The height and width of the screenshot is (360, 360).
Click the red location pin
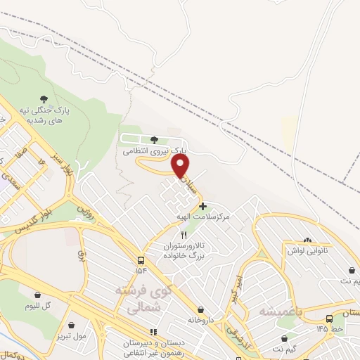point(181,167)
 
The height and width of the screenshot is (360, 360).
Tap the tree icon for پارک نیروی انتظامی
point(154,139)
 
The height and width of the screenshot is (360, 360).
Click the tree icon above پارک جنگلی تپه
point(44,98)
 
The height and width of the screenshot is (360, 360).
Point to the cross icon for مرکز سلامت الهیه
point(203,206)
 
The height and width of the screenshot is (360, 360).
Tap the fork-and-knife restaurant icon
point(184,234)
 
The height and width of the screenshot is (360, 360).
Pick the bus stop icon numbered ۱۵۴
point(142,259)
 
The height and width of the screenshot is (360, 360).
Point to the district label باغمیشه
point(279,310)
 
